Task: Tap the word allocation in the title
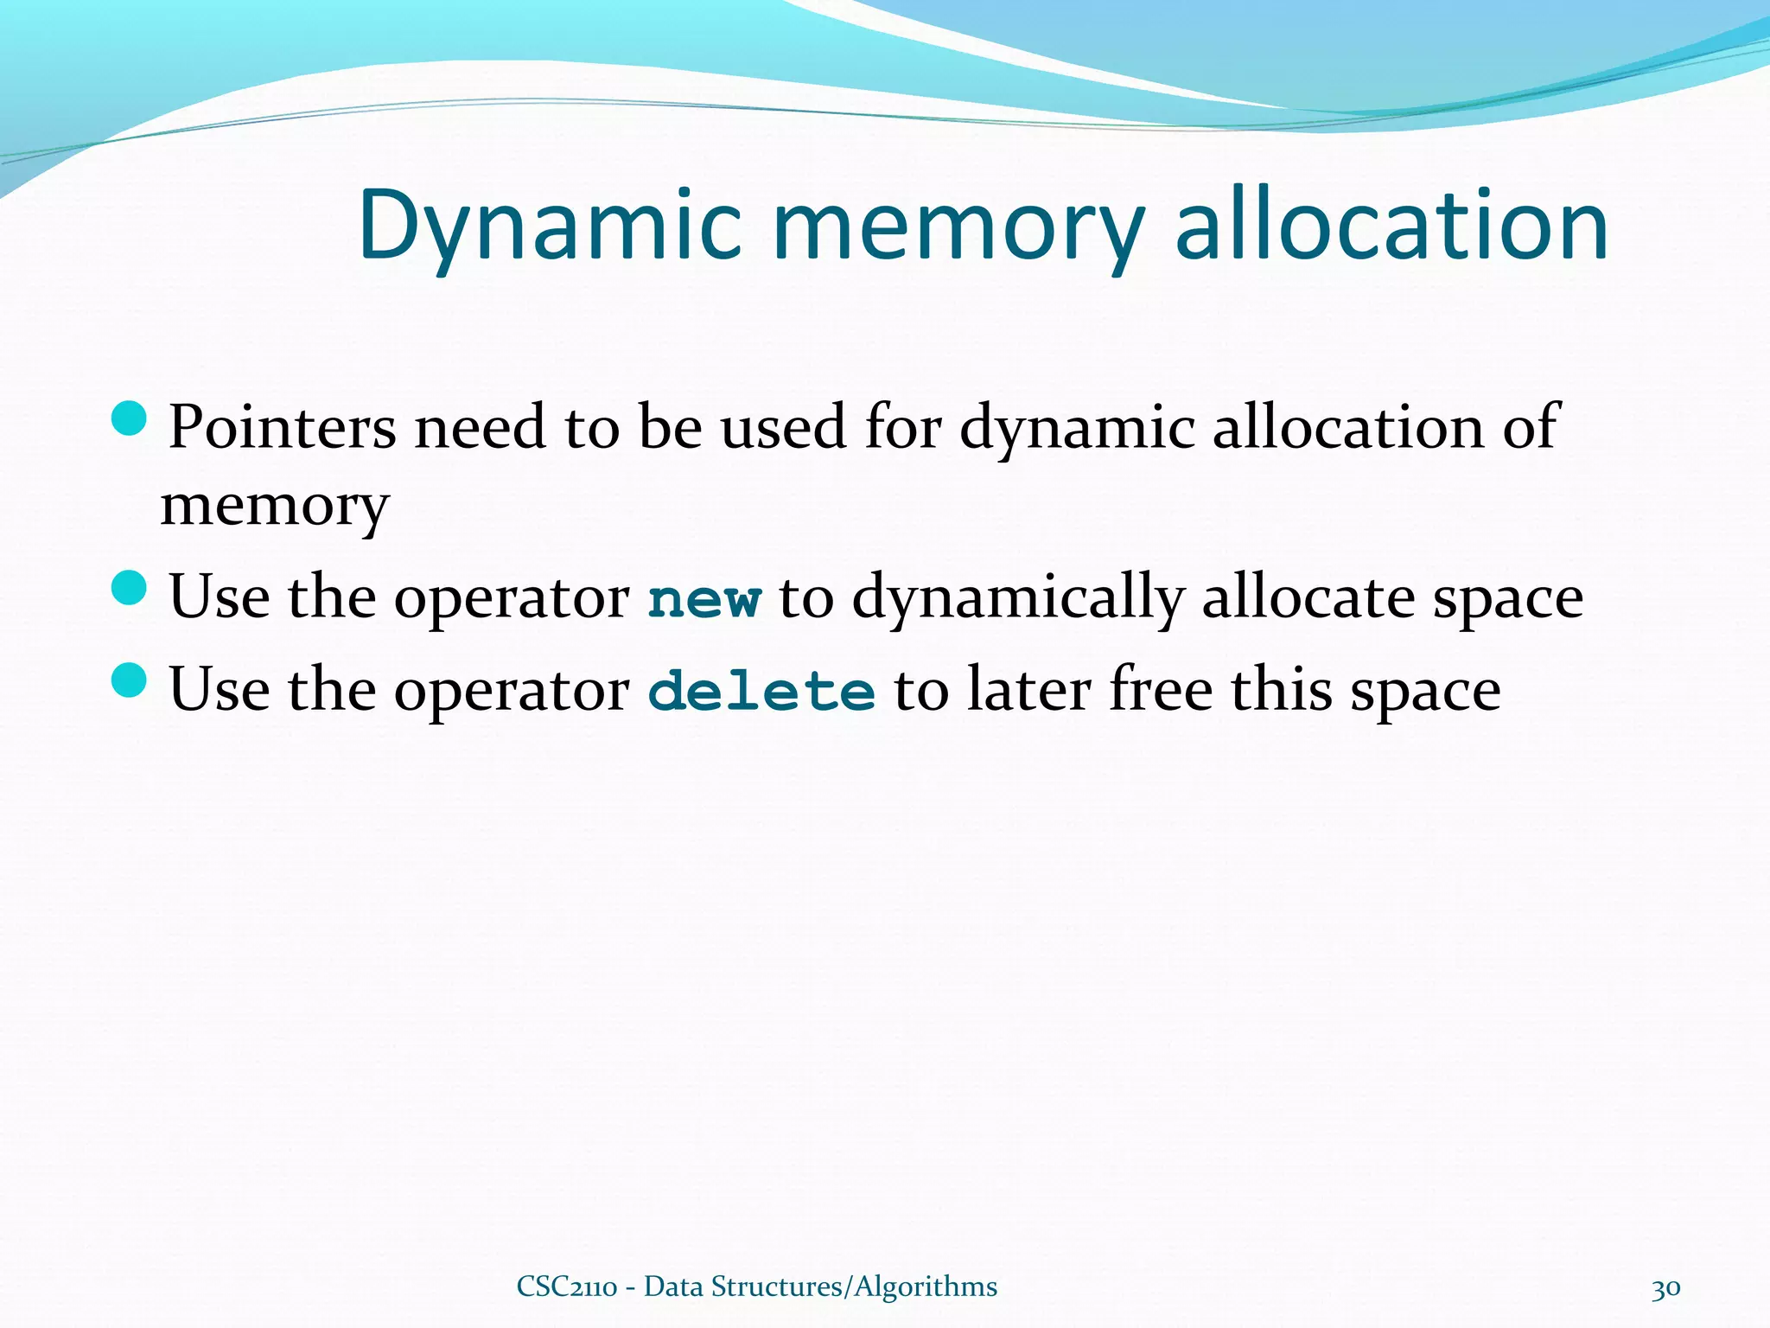(x=1391, y=227)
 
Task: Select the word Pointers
(x=282, y=427)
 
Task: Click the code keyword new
(x=704, y=599)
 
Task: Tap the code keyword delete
(x=761, y=692)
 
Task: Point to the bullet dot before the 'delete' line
(x=131, y=680)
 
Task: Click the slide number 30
(x=1665, y=1287)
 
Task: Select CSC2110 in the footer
(x=567, y=1286)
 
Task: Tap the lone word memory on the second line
(x=275, y=507)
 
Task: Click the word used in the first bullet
(x=783, y=427)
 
